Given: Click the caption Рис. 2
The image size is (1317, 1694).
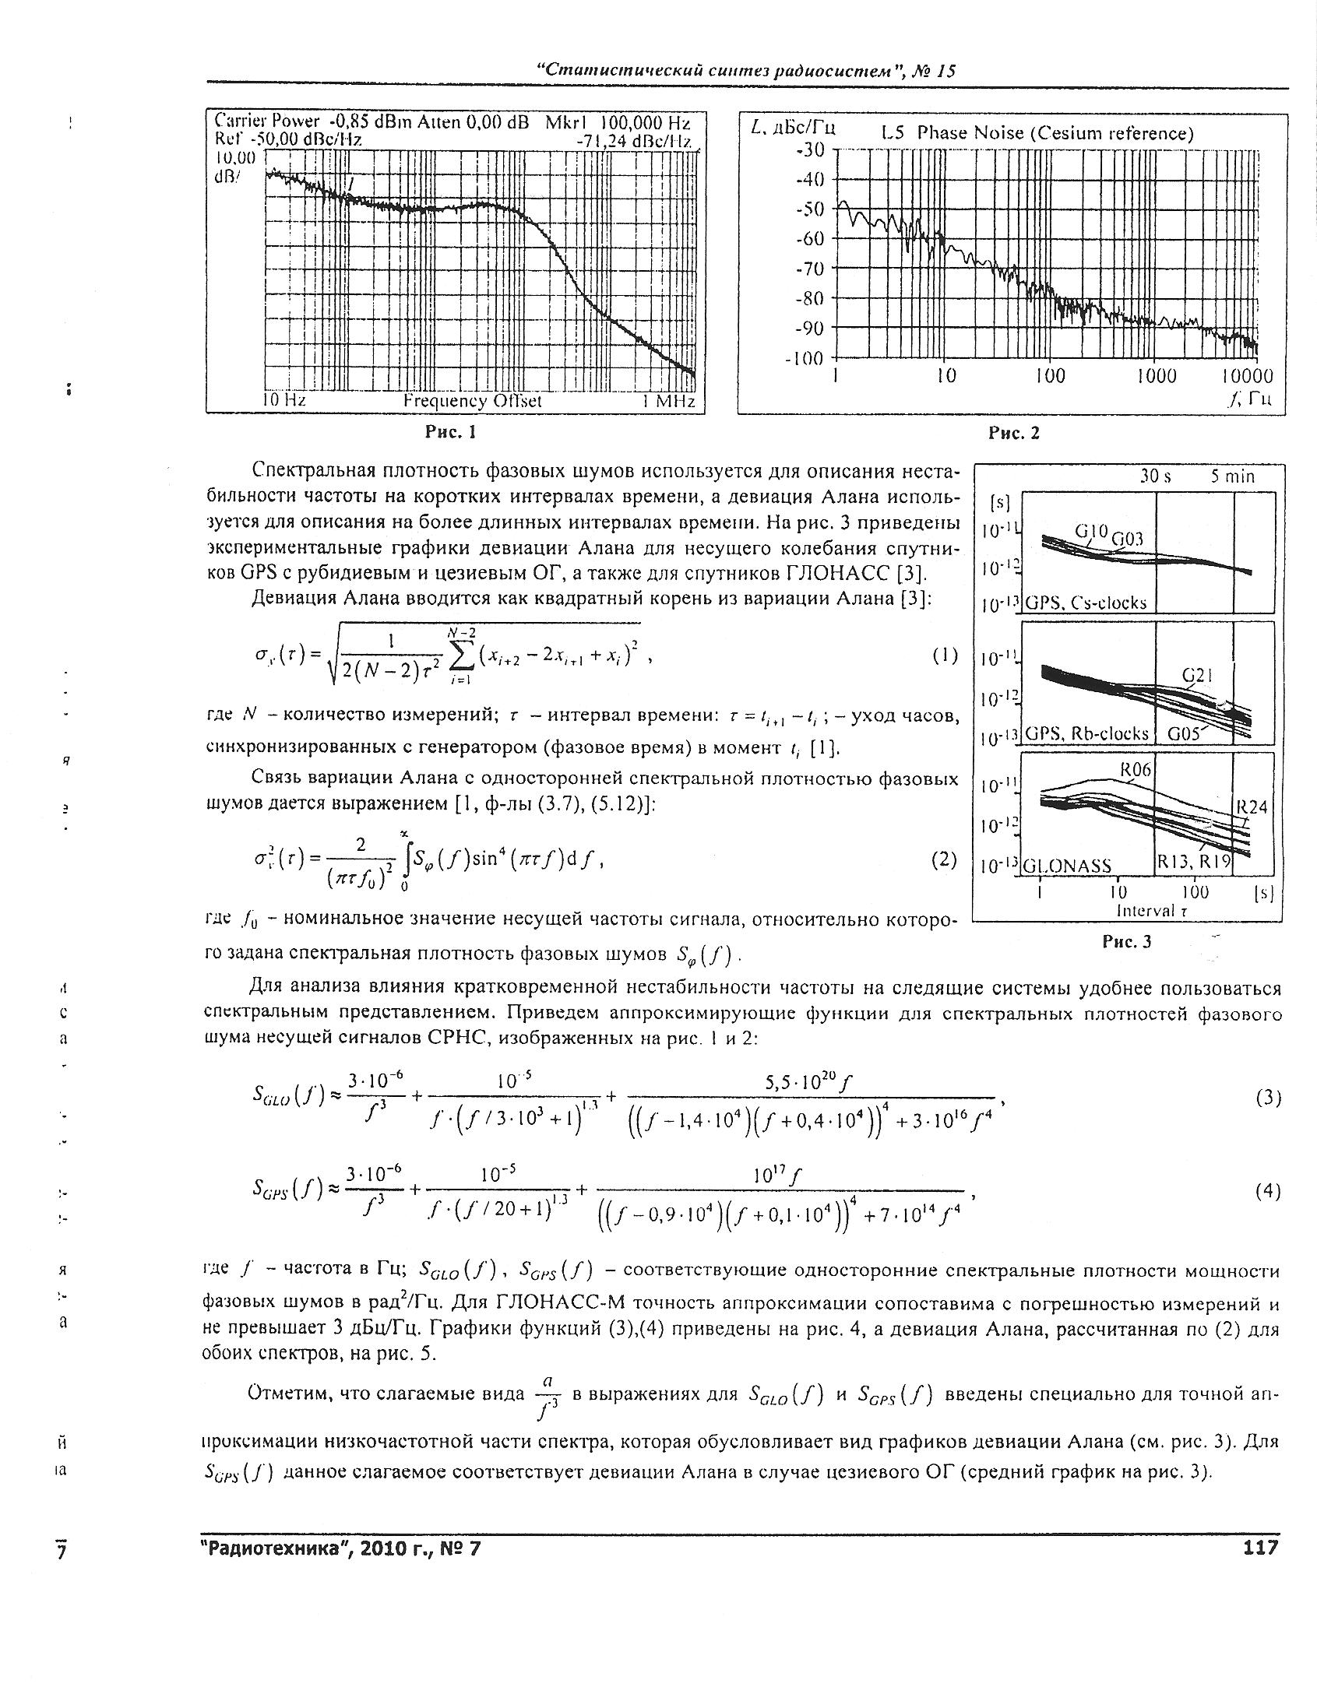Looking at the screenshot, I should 1013,434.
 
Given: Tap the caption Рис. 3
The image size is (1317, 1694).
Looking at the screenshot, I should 1126,943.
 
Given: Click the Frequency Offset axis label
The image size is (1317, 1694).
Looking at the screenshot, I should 472,401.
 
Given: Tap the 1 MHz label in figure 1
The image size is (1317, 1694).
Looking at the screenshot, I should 667,401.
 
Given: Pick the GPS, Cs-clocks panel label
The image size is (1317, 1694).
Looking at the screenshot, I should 1086,603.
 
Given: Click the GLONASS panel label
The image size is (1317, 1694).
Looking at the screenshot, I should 1067,866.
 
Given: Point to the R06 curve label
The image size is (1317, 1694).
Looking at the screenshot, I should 1135,770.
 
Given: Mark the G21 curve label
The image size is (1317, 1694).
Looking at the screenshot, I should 1198,676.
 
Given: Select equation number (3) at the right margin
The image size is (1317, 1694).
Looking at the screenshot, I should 1268,1098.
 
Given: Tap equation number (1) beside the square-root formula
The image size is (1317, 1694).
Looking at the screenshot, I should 945,656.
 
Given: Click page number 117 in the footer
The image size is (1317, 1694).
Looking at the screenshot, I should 1261,1548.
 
